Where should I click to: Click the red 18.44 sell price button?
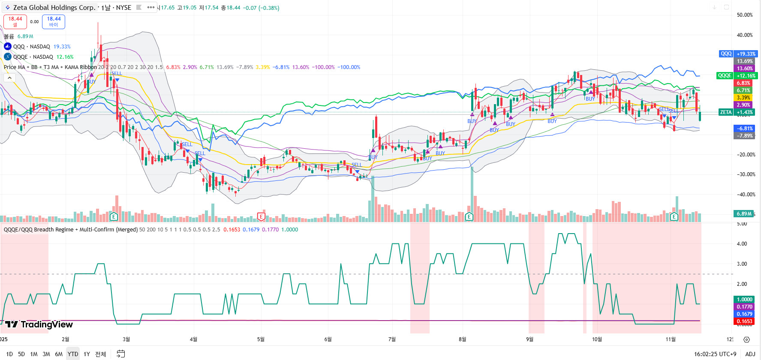[15, 21]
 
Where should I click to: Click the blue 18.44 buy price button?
[54, 21]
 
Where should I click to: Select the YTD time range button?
[73, 354]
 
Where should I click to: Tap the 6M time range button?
[59, 354]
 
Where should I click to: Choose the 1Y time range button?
[87, 354]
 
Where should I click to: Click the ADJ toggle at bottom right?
[750, 354]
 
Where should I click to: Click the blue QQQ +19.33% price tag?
[738, 54]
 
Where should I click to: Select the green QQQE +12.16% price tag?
[737, 75]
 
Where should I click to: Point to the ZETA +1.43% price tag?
[737, 112]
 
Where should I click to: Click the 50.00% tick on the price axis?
[744, 15]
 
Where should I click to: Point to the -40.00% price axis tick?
[745, 195]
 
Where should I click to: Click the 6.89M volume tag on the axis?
[744, 213]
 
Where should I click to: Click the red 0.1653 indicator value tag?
[744, 321]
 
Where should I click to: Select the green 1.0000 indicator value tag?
[744, 300]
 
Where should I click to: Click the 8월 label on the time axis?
[462, 339]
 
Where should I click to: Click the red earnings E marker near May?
[261, 216]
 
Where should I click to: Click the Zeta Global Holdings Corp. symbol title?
[54, 8]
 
